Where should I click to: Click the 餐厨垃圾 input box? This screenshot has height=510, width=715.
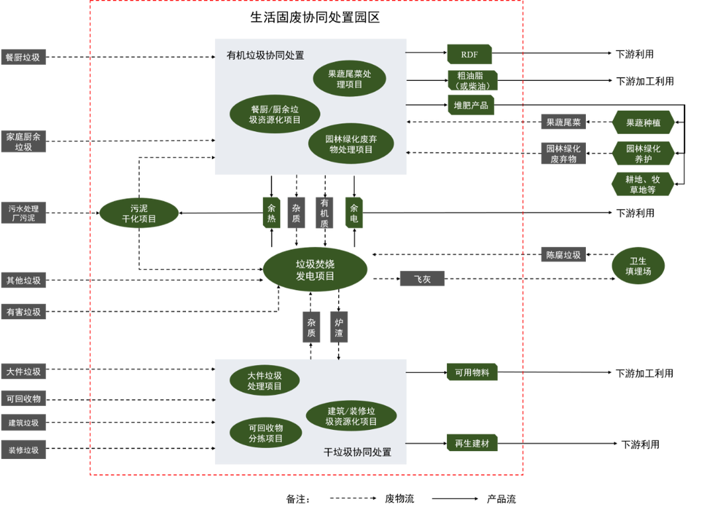pyautogui.click(x=23, y=58)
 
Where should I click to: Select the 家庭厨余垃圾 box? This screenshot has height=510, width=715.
pyautogui.click(x=23, y=142)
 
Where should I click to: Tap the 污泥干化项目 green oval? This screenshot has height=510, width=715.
pyautogui.click(x=139, y=213)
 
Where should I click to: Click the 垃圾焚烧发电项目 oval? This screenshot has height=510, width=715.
pyautogui.click(x=315, y=270)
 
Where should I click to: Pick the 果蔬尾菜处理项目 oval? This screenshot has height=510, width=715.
pyautogui.click(x=350, y=79)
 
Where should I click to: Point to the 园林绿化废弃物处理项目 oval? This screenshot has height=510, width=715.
pyautogui.click(x=351, y=144)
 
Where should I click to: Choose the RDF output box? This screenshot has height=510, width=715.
pyautogui.click(x=469, y=54)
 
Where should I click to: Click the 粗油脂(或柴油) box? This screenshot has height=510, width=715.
pyautogui.click(x=473, y=81)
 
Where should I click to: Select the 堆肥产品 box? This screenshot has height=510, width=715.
pyautogui.click(x=471, y=105)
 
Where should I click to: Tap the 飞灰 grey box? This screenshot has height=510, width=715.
pyautogui.click(x=422, y=280)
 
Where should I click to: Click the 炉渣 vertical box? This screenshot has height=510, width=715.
pyautogui.click(x=339, y=327)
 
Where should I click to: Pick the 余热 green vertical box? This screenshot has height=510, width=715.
pyautogui.click(x=271, y=213)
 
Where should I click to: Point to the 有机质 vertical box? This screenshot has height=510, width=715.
pyautogui.click(x=324, y=213)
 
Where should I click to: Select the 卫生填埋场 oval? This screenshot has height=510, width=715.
pyautogui.click(x=638, y=266)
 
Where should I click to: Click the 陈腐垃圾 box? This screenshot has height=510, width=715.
pyautogui.click(x=563, y=255)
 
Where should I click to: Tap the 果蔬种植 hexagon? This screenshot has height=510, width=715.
pyautogui.click(x=642, y=123)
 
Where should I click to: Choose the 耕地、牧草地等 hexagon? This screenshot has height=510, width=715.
pyautogui.click(x=642, y=184)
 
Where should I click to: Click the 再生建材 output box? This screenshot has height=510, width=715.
pyautogui.click(x=472, y=443)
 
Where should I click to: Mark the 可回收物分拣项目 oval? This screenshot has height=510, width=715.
pyautogui.click(x=265, y=433)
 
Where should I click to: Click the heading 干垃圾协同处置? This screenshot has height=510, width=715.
pyautogui.click(x=358, y=452)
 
